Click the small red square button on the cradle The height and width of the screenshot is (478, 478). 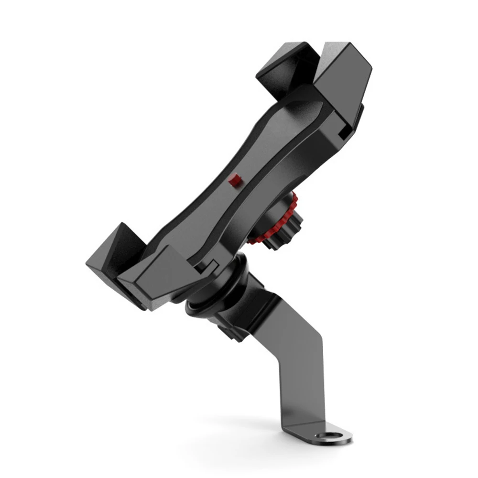pyautogui.click(x=235, y=181)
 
